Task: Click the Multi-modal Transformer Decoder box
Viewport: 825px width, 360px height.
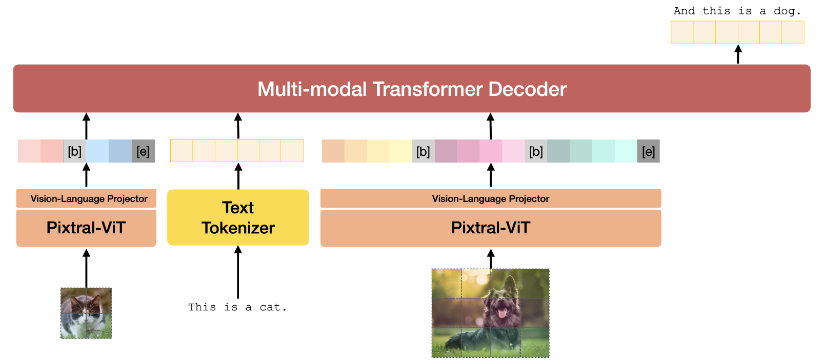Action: (412, 88)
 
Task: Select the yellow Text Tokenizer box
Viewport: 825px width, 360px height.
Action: (238, 217)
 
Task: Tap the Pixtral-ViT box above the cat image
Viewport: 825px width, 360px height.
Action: (86, 228)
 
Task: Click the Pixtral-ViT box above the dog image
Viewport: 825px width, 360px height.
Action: (491, 228)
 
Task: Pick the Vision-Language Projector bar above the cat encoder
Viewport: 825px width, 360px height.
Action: (86, 198)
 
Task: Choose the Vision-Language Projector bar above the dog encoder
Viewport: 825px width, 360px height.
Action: (491, 198)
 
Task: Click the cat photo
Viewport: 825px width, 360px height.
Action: (86, 313)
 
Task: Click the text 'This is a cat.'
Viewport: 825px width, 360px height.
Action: (237, 307)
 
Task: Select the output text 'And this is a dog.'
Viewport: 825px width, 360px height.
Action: (737, 11)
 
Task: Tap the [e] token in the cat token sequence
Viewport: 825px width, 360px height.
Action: (143, 151)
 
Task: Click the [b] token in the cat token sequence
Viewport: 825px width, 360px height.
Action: (75, 151)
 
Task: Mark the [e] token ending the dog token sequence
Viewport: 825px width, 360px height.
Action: (649, 151)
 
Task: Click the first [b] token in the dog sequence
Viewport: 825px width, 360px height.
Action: (423, 151)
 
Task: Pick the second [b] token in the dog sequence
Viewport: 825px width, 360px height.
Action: (536, 151)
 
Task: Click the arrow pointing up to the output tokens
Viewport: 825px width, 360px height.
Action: (738, 54)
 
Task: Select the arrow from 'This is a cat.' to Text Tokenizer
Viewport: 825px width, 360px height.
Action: (238, 272)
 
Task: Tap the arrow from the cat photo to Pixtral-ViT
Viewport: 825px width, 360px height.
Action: (86, 268)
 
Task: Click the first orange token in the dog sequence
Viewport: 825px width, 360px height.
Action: (333, 151)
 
